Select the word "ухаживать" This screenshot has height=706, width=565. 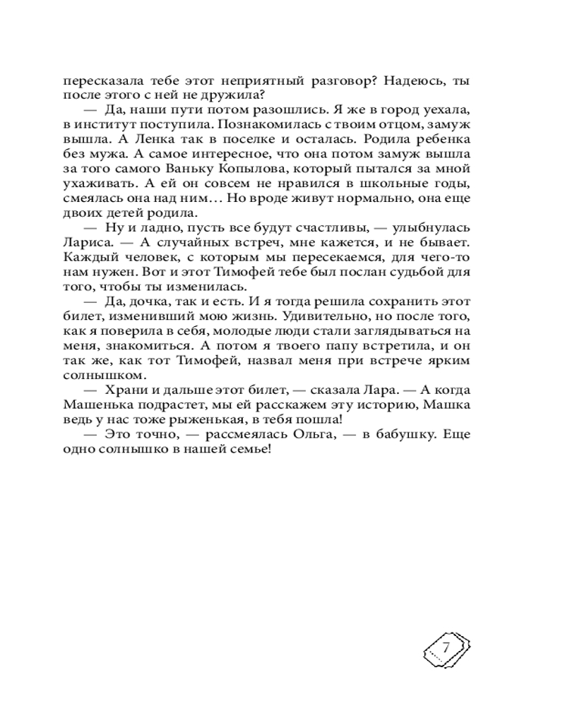(x=95, y=184)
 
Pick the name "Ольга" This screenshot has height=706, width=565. (x=297, y=435)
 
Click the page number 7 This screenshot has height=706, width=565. (x=446, y=647)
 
